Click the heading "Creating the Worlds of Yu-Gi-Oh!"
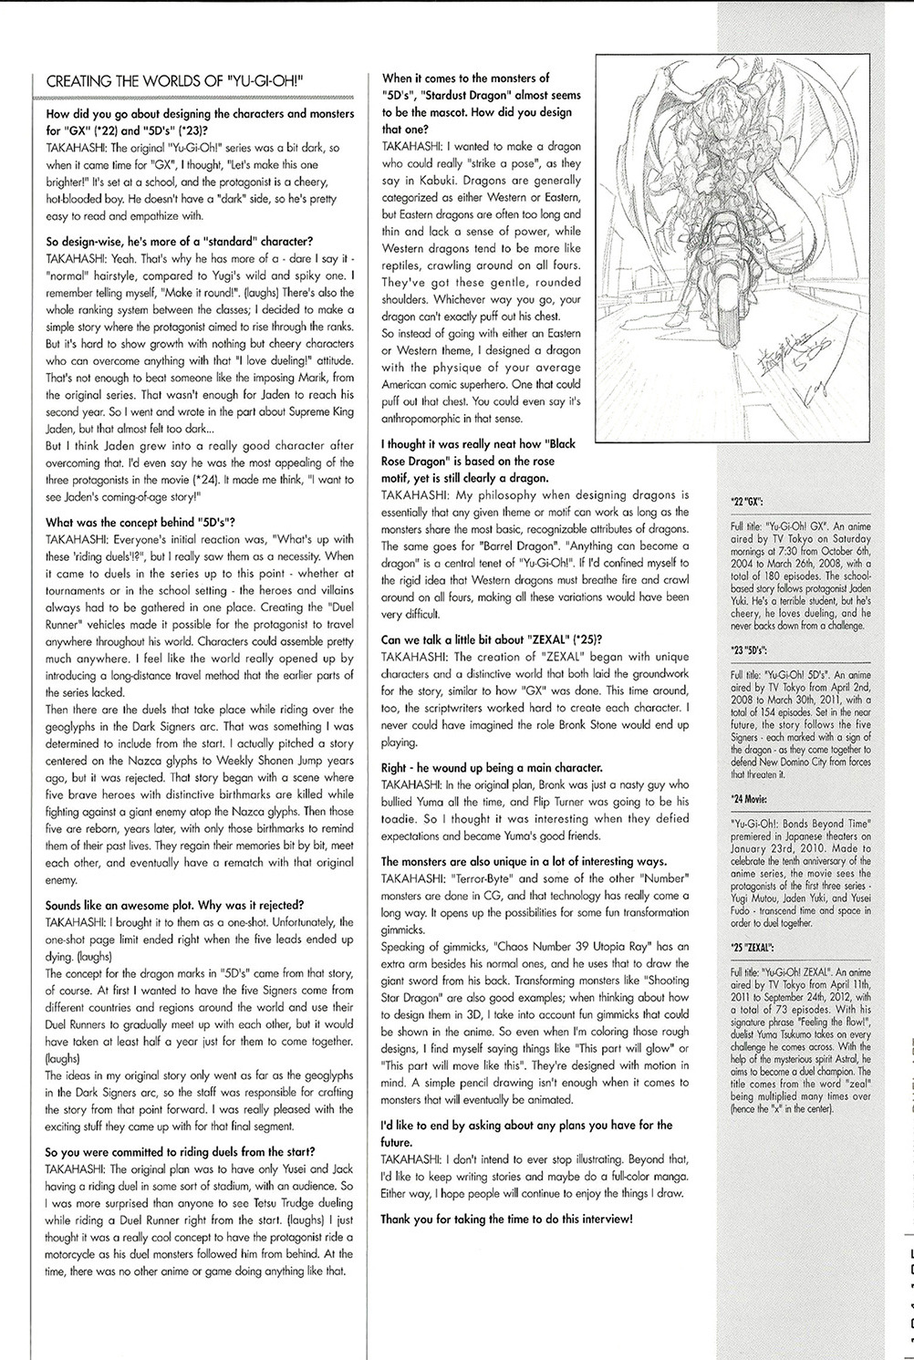point(174,80)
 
